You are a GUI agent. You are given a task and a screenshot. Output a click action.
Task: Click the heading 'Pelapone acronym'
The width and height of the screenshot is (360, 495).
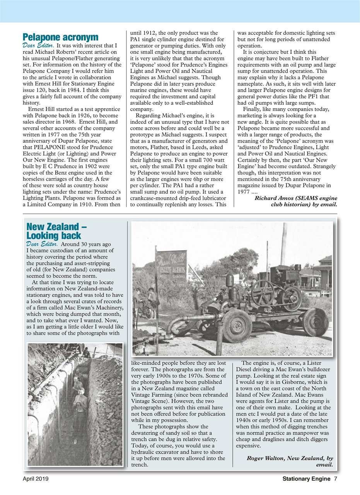[x=60, y=37]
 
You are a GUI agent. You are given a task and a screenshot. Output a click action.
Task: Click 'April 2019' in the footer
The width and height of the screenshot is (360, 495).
[x=35, y=479]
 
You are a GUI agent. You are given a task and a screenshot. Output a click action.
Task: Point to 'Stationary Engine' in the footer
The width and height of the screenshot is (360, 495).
[x=306, y=479]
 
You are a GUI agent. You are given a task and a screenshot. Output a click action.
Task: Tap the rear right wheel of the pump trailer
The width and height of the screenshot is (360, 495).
[x=315, y=321]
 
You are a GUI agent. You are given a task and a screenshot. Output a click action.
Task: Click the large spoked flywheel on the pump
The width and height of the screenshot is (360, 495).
[x=263, y=292]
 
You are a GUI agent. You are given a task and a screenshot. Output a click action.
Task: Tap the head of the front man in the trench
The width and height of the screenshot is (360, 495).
[x=81, y=391]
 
